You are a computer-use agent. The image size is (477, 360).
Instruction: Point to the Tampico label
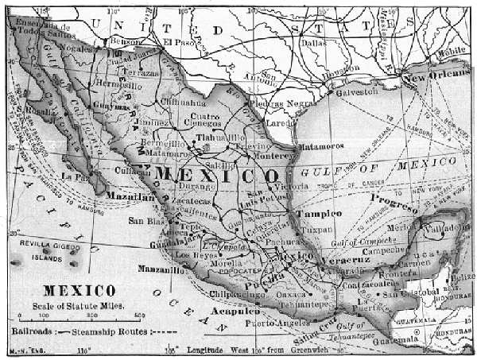pyautogui.click(x=319, y=215)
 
